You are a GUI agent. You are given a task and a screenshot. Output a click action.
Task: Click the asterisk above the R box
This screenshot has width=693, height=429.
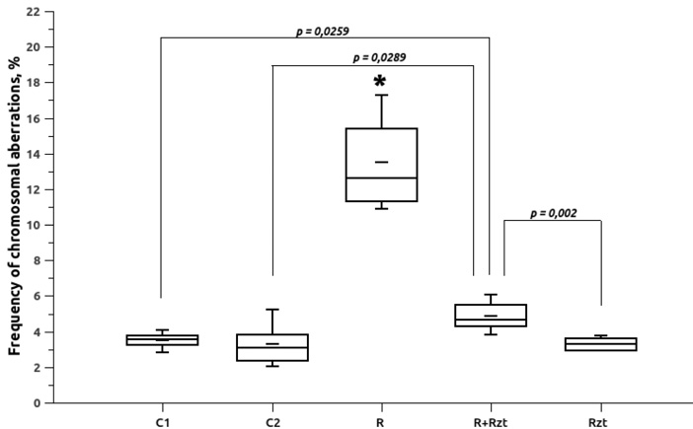380,81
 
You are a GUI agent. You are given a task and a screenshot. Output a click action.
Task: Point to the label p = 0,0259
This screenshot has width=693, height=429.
322,32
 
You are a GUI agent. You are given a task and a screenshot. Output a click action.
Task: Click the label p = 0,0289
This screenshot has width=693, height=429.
379,58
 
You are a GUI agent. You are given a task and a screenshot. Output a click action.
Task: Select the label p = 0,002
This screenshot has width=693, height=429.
553,214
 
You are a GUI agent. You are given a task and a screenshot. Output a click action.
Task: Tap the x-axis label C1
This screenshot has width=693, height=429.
162,422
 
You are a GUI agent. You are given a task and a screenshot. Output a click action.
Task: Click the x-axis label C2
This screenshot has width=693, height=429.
272,422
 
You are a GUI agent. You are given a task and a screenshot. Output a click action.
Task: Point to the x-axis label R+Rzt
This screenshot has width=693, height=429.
491,422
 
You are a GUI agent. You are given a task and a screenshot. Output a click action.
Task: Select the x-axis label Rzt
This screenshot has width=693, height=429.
597,422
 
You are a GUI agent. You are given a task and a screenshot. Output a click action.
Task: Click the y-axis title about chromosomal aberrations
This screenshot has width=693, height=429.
14,206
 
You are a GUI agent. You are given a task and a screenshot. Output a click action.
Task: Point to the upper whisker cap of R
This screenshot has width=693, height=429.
381,95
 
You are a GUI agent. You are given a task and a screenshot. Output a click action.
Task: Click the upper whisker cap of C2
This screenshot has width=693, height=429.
272,310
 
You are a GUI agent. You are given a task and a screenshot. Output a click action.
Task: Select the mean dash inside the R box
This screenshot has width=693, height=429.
381,162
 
